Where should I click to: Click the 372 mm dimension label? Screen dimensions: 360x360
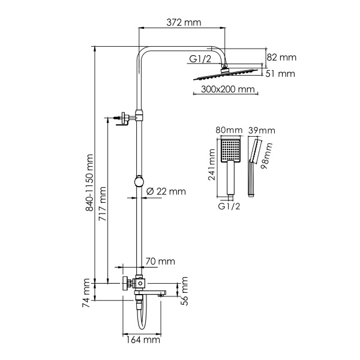pyautogui.click(x=184, y=23)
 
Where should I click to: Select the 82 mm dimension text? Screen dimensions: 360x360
pyautogui.click(x=281, y=58)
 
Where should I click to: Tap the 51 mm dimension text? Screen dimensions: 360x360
pyautogui.click(x=281, y=74)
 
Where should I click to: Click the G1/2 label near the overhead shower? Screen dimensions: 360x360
pyautogui.click(x=199, y=59)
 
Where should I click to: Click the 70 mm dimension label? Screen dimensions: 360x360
pyautogui.click(x=160, y=261)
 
